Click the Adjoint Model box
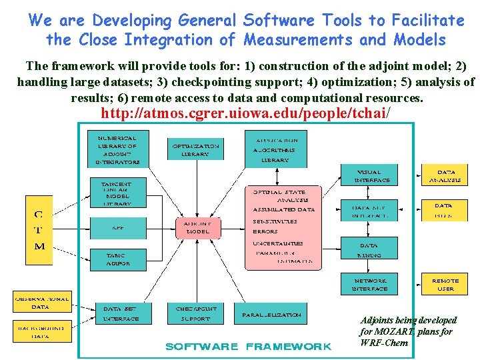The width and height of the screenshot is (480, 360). click(198, 227)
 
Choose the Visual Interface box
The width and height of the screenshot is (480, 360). click(369, 175)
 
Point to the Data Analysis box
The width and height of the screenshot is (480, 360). click(443, 175)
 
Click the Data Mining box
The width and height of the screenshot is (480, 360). click(369, 249)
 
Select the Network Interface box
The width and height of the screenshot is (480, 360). click(369, 284)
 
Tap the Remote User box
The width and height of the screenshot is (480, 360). click(445, 284)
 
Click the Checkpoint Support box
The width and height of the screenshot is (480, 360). click(196, 313)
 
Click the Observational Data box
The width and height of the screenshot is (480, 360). click(41, 302)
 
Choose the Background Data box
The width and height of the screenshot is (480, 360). click(41, 331)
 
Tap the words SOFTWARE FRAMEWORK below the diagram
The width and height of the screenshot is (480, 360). click(248, 346)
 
